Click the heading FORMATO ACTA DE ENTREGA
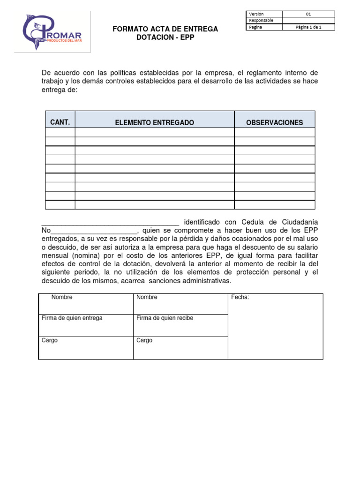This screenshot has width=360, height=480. pyautogui.click(x=165, y=29)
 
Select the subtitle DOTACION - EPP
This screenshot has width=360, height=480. pyautogui.click(x=165, y=37)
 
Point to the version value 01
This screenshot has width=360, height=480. pyautogui.click(x=308, y=14)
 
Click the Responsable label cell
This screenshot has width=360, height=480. pyautogui.click(x=262, y=21)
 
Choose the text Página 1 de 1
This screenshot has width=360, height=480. pyautogui.click(x=308, y=27)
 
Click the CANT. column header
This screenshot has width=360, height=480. pyautogui.click(x=60, y=122)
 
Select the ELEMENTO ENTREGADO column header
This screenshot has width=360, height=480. pyautogui.click(x=155, y=123)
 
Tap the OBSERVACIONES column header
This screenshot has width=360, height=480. pyautogui.click(x=275, y=123)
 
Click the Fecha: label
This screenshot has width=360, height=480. pyautogui.click(x=240, y=297)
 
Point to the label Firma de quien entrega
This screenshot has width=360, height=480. pyautogui.click(x=72, y=318)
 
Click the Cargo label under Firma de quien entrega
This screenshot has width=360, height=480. pyautogui.click(x=50, y=340)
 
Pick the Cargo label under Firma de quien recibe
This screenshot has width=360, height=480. pyautogui.click(x=144, y=340)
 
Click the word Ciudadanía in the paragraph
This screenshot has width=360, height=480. pyautogui.click(x=297, y=222)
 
